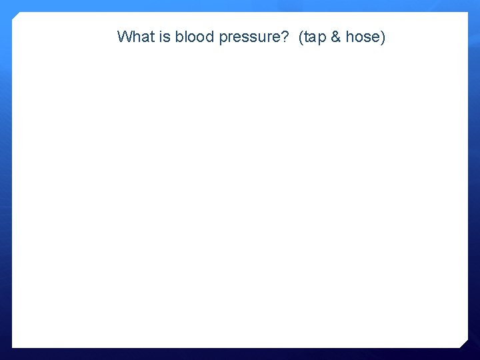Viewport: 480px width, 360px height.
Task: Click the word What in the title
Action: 136,37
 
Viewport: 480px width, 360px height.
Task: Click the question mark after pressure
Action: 284,37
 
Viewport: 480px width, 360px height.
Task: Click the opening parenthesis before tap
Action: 302,37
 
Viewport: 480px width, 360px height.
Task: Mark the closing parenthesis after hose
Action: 383,37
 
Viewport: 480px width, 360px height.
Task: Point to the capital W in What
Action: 124,37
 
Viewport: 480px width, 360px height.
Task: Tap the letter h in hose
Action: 349,37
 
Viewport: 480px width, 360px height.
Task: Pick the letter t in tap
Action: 307,37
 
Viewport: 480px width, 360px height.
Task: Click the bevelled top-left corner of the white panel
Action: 16,16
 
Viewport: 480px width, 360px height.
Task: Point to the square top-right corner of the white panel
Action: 467,13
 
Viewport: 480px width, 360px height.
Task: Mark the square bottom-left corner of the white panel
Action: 13,347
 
